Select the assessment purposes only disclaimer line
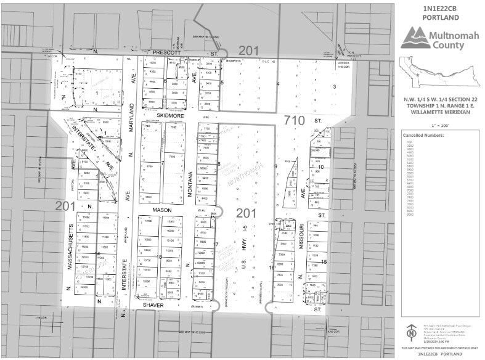(x=438, y=349)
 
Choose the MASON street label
(x=162, y=210)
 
